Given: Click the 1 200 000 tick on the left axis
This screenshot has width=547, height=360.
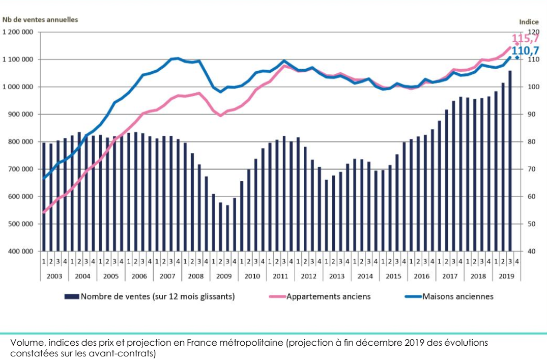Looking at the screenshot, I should pyautogui.click(x=18, y=32).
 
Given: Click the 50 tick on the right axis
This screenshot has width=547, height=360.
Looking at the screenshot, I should pyautogui.click(x=531, y=224).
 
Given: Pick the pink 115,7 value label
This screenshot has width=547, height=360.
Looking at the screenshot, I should pyautogui.click(x=525, y=39).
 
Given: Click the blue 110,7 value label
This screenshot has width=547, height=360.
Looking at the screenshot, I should pyautogui.click(x=525, y=50).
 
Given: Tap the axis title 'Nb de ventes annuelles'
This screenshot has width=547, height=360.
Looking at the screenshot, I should pyautogui.click(x=40, y=20).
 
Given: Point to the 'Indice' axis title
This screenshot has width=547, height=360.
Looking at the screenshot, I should pyautogui.click(x=529, y=22).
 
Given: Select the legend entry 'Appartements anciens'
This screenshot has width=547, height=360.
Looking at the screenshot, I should pyautogui.click(x=328, y=296).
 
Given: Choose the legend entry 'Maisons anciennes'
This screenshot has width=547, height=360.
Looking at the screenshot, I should pyautogui.click(x=457, y=296).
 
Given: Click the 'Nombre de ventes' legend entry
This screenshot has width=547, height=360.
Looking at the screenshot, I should pyautogui.click(x=157, y=296).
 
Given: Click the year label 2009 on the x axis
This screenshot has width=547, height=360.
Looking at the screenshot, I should pyautogui.click(x=224, y=276).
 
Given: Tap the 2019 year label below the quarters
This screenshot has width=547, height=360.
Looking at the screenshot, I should pyautogui.click(x=506, y=276).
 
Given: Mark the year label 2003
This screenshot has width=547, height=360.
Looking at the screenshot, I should pyautogui.click(x=54, y=276).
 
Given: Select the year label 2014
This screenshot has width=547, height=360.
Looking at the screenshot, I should pyautogui.click(x=365, y=276).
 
